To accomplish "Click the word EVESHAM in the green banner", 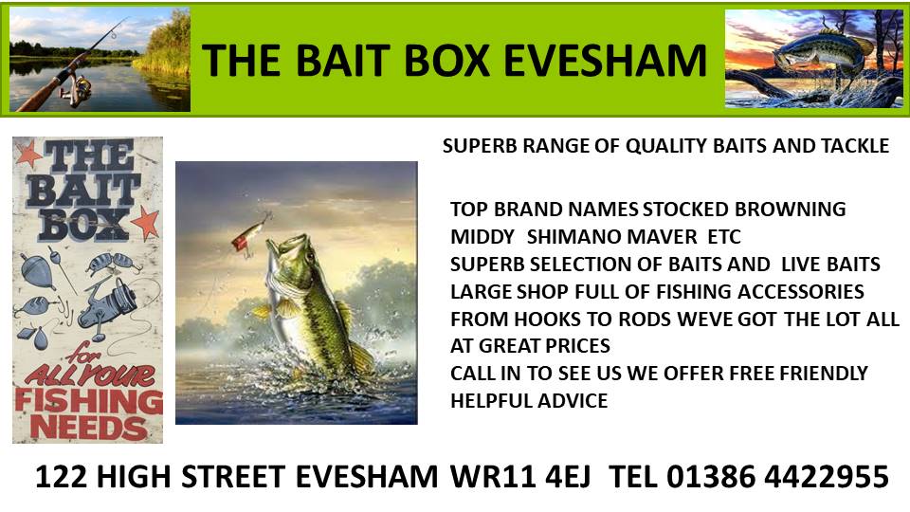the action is point(606,61).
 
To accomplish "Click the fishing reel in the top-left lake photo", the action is point(76,89).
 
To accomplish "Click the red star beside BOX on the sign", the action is point(146,222).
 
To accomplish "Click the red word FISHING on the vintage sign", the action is point(89,401).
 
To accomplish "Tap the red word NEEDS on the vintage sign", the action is point(88,428).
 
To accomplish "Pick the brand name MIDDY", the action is point(482,237).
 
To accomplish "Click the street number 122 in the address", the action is point(61,477).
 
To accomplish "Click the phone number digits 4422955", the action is point(826,477).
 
